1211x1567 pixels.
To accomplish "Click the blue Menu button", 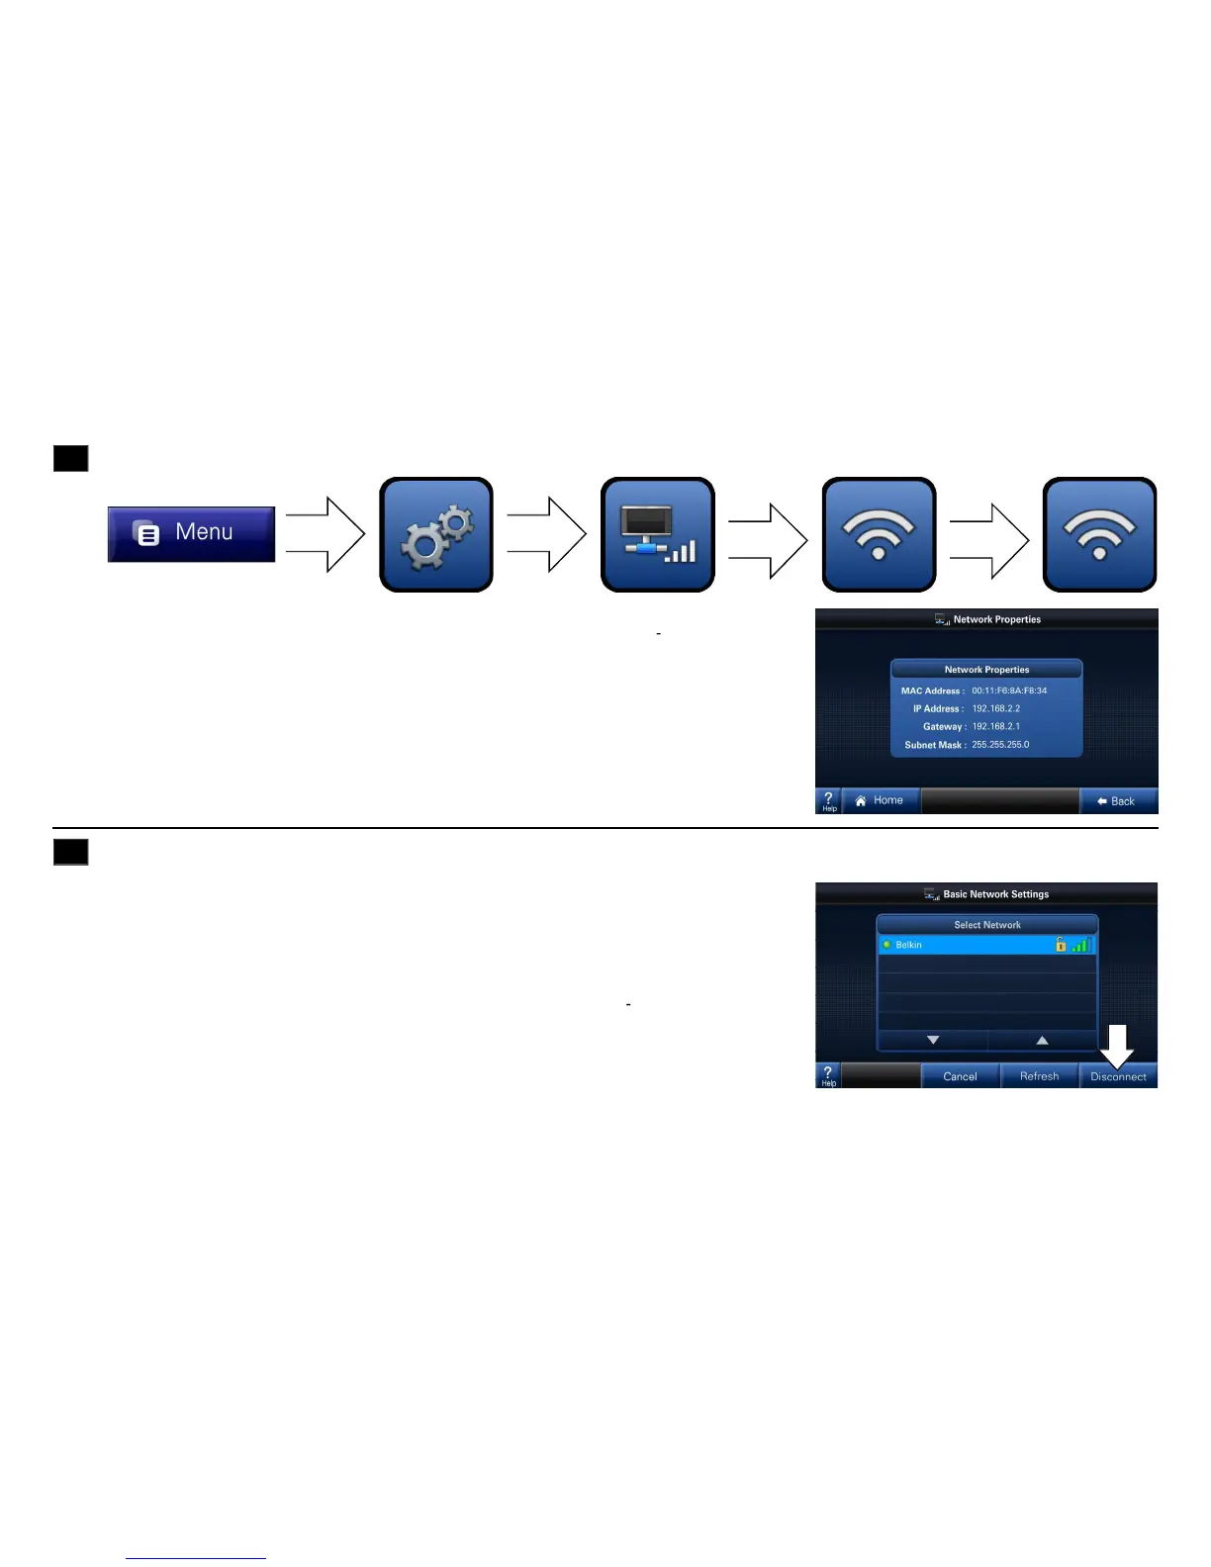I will (191, 534).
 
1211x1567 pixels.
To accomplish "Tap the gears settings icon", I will (436, 535).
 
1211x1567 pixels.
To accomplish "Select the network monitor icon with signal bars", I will (658, 535).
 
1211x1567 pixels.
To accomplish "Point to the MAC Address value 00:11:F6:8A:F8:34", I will (1009, 691).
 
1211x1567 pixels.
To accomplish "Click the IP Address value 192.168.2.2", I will (995, 708).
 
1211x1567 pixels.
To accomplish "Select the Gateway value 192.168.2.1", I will (995, 726).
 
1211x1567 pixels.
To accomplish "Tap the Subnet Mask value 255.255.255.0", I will (1000, 745).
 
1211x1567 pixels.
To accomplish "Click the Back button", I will (1117, 801).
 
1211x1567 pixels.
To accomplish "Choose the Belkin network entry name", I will (908, 945).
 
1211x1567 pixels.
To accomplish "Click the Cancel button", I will (960, 1076).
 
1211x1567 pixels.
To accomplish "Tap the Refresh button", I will (1039, 1076).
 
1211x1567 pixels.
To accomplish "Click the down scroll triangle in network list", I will (933, 1041).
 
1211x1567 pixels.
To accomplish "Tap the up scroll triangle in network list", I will (1042, 1041).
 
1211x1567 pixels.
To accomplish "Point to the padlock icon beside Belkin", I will (1061, 945).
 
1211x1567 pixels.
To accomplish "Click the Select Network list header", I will (987, 925).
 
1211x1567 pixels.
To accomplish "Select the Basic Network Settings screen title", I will (995, 894).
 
